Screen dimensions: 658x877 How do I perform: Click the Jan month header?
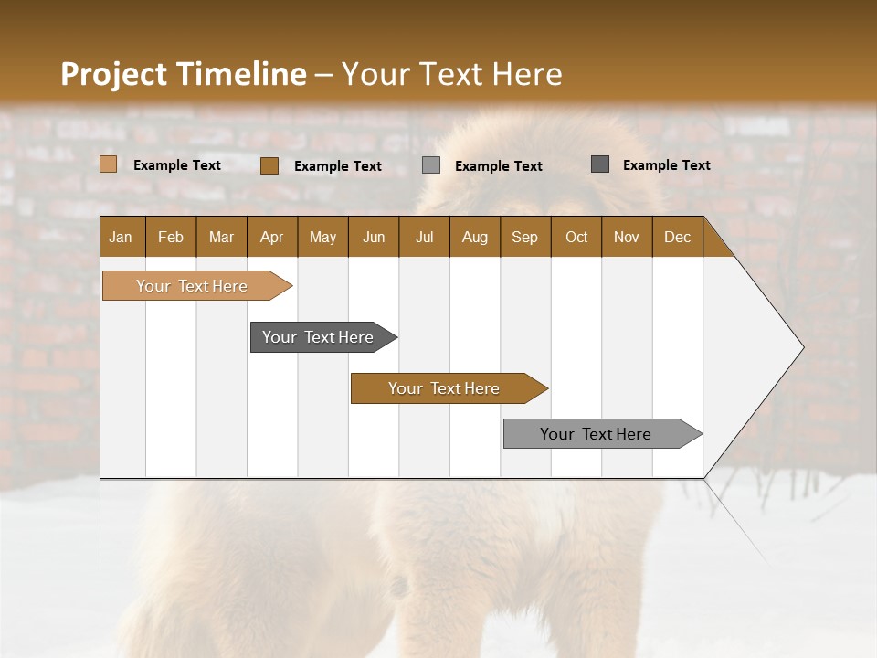pos(121,237)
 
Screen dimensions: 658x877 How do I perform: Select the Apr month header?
pos(272,237)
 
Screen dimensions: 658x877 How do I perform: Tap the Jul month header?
pos(424,237)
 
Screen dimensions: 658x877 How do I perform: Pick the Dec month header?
pos(677,237)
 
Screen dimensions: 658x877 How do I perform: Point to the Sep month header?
pos(524,237)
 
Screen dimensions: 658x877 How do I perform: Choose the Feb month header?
pos(171,237)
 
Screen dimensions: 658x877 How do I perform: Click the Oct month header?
pos(576,237)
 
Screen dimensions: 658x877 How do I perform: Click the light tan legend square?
pos(108,164)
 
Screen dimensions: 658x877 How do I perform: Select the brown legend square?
pos(269,165)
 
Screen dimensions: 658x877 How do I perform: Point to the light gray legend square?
pos(431,164)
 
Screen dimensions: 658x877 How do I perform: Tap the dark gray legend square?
pos(600,164)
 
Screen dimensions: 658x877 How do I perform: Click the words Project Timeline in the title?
pos(183,74)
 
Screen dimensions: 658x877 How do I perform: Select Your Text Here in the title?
pos(451,74)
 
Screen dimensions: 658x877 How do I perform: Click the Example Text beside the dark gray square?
pos(666,165)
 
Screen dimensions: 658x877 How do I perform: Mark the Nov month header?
pos(626,237)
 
